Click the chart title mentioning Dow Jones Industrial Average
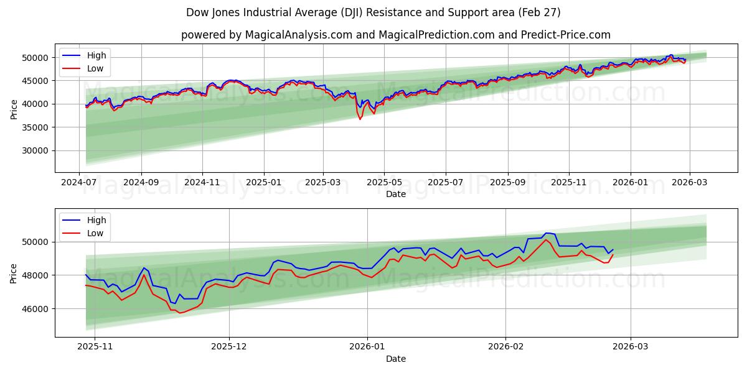tap(373, 12)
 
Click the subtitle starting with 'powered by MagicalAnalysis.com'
tap(395, 35)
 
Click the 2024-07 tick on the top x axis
tap(79, 182)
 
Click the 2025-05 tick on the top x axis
tap(384, 182)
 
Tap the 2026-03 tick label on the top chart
tap(690, 182)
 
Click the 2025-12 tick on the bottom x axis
tap(229, 346)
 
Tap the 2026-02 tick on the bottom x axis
tap(505, 346)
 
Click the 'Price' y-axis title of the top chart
tap(14, 109)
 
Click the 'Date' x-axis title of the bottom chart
tap(395, 359)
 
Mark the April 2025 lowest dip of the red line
tap(360, 119)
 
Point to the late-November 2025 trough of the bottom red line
tap(180, 313)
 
